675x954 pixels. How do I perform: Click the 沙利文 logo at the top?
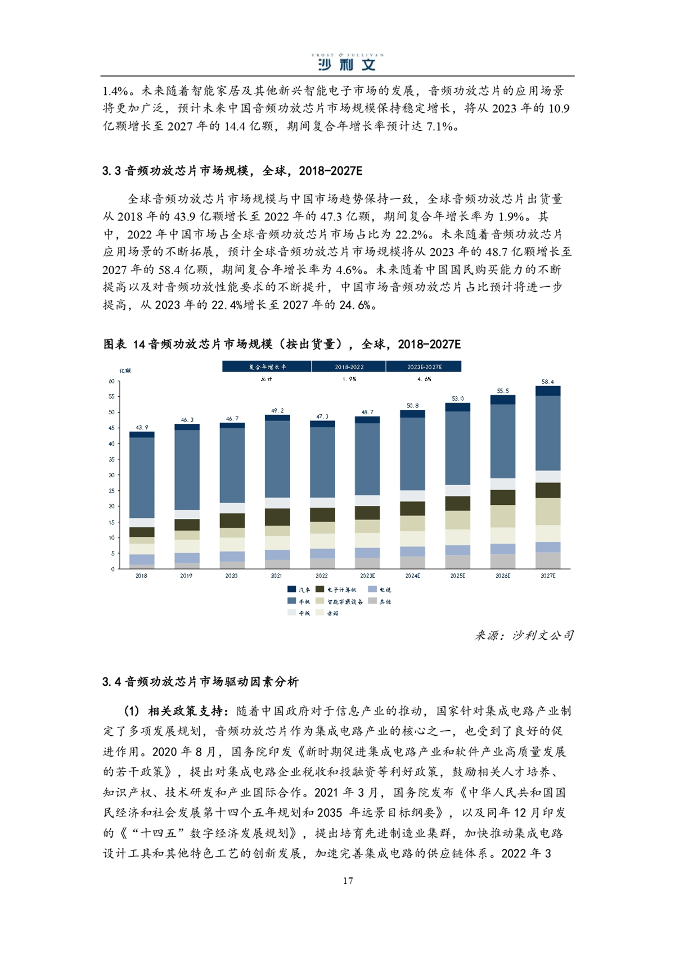tap(347, 62)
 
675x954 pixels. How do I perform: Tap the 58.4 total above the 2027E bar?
tap(547, 382)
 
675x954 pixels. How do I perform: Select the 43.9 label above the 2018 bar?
tap(142, 427)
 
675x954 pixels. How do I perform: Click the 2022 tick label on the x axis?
tap(321, 576)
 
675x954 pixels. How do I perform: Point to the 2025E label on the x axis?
tap(457, 576)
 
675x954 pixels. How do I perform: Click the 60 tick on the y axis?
tap(112, 381)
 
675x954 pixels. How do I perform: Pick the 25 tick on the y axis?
tap(112, 491)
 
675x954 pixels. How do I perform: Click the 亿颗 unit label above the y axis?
tap(125, 370)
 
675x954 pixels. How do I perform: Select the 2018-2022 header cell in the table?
tap(349, 367)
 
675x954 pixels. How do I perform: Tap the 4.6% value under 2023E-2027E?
tap(424, 379)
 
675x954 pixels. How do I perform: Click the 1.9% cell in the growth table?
tap(349, 379)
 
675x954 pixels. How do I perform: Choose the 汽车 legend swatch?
tap(291, 589)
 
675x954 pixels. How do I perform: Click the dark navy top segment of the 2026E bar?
tap(502, 400)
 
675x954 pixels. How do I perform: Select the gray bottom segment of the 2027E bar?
tap(547, 560)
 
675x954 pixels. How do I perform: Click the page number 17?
tap(348, 880)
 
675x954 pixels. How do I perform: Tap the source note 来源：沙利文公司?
tap(524, 635)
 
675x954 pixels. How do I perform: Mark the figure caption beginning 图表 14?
tap(282, 344)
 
